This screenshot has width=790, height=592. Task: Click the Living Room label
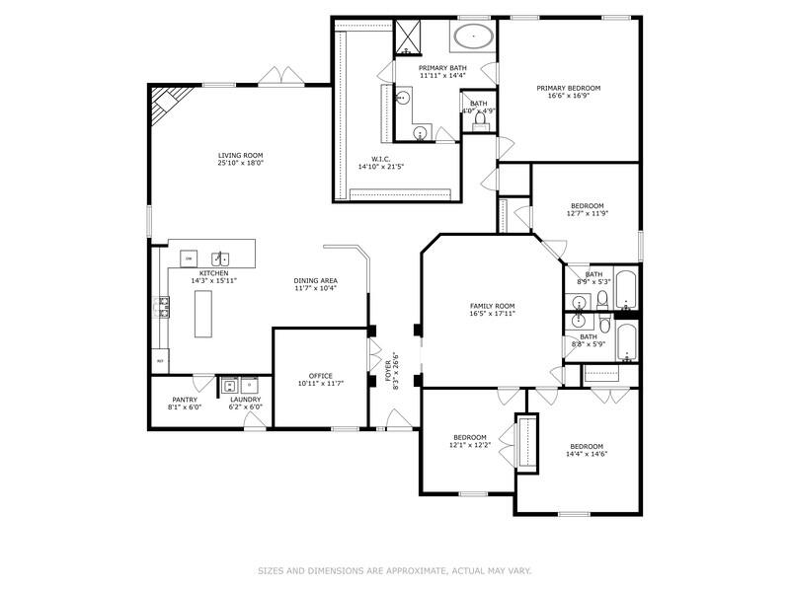click(240, 155)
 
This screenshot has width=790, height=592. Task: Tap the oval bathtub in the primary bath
click(475, 37)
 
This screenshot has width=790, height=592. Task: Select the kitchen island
click(203, 315)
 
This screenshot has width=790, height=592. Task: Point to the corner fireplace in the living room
click(164, 101)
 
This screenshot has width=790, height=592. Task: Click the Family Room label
click(491, 306)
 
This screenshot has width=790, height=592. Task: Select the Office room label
click(320, 376)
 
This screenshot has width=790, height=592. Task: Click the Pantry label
click(185, 400)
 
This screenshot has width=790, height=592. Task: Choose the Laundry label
click(245, 400)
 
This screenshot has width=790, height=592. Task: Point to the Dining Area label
click(315, 280)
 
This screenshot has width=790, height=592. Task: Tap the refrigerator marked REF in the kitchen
click(160, 362)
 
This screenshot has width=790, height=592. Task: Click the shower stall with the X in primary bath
click(408, 37)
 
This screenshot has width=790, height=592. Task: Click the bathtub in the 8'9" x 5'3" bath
click(626, 288)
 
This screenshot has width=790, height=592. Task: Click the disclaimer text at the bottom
click(395, 570)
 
